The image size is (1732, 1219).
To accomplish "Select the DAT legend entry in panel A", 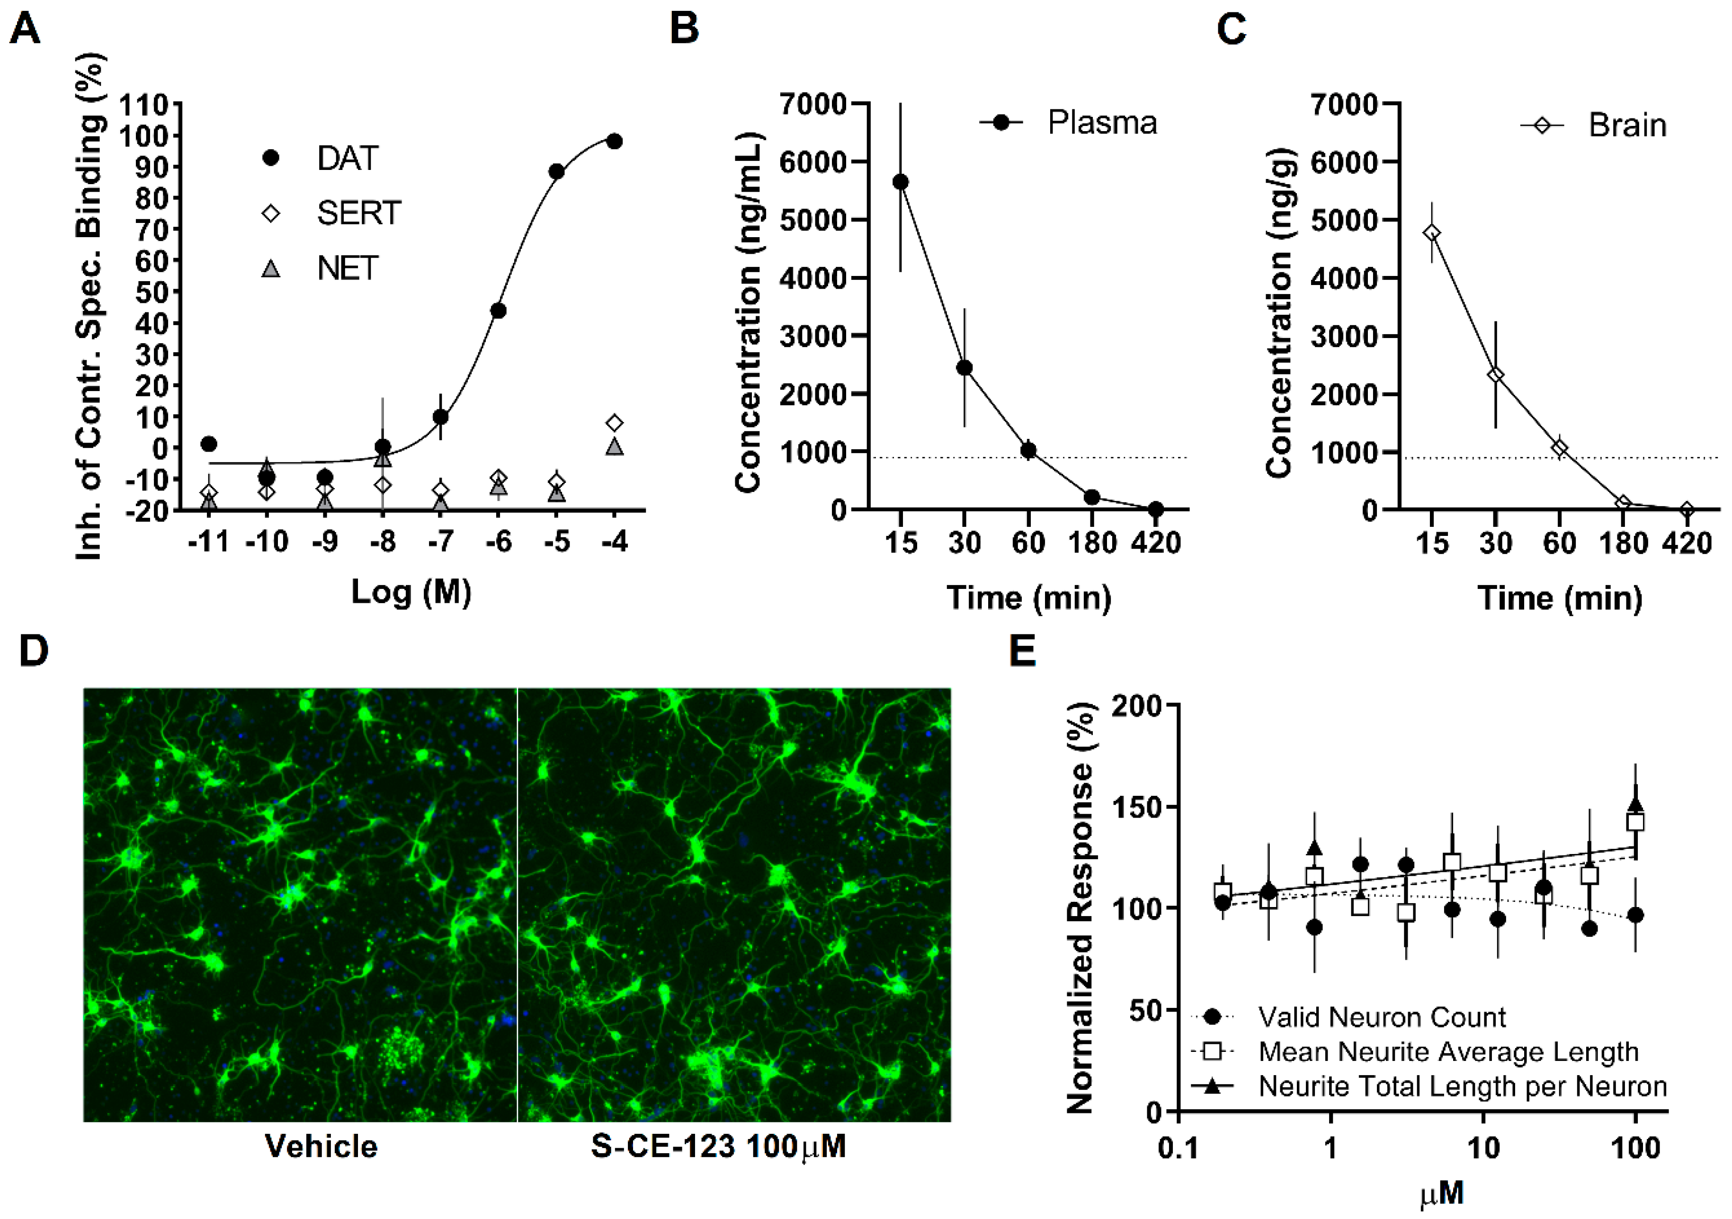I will point(346,159).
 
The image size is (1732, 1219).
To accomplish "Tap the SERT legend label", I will point(358,214).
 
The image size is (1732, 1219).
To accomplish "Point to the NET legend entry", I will point(346,268).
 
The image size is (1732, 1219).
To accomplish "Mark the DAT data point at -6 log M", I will point(498,311).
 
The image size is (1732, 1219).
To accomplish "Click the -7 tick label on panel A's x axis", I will point(440,542).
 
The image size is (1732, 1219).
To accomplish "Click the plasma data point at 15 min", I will point(900,182).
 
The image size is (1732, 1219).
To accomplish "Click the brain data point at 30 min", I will point(1495,375).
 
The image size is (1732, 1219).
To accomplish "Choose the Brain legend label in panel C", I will point(1627,126).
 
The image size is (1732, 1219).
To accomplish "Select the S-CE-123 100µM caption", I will point(718,1147).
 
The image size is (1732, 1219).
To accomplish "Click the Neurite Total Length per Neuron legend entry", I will point(1462,1086).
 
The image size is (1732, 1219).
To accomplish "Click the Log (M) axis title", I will point(411,592).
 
